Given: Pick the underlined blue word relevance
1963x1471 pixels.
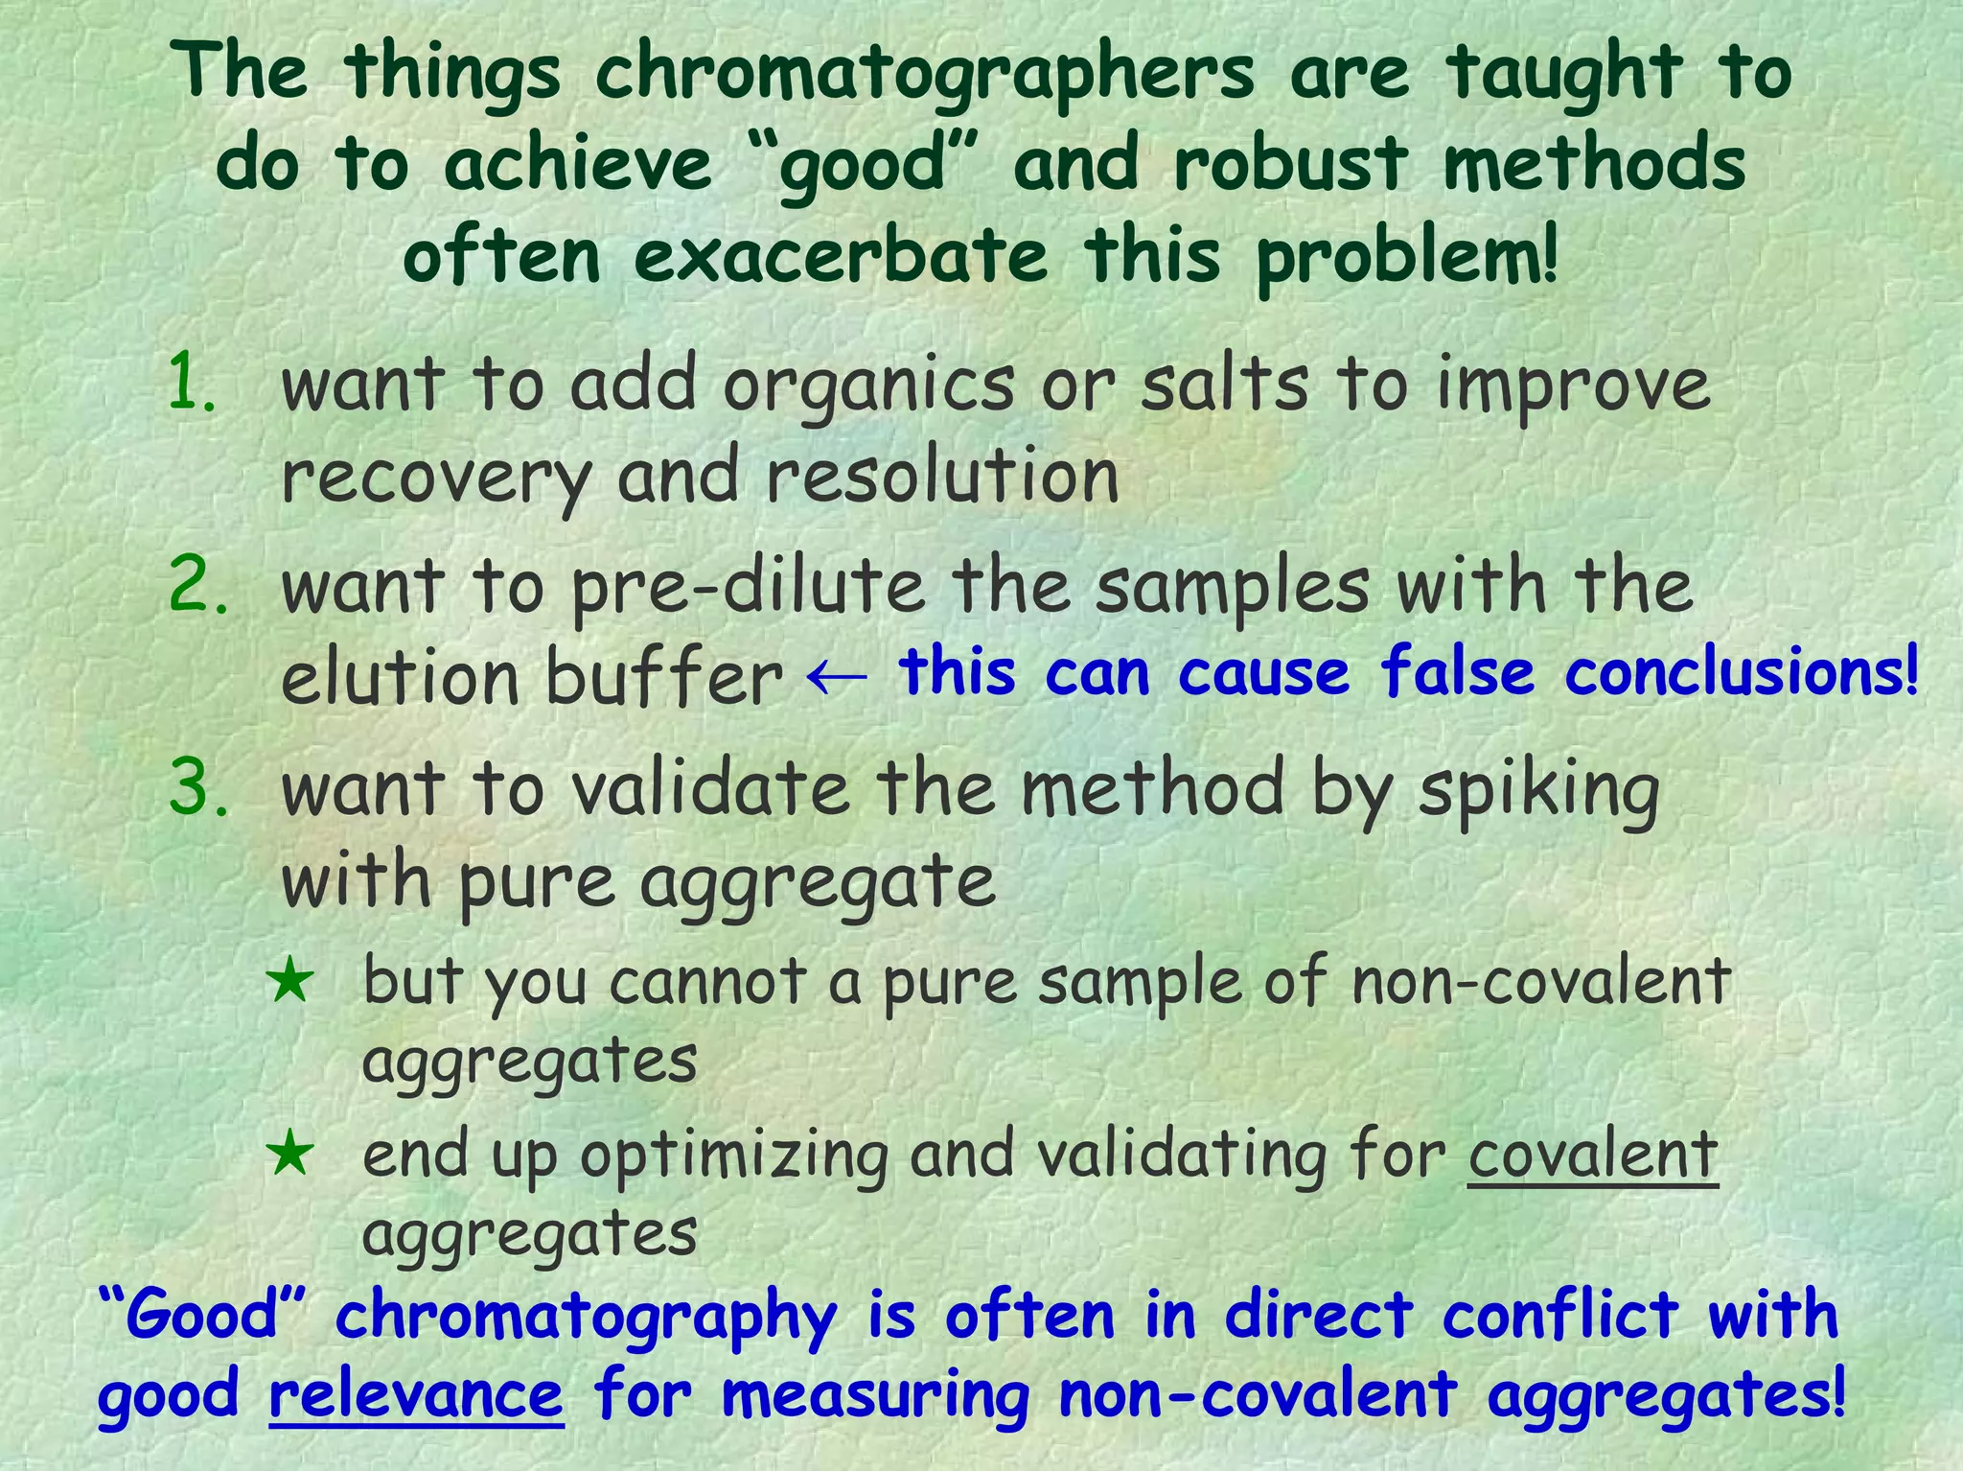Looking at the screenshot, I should click(416, 1395).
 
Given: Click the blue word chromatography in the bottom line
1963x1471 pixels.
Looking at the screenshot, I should click(586, 1317).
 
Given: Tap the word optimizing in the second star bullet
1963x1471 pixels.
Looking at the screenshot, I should click(733, 1156).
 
